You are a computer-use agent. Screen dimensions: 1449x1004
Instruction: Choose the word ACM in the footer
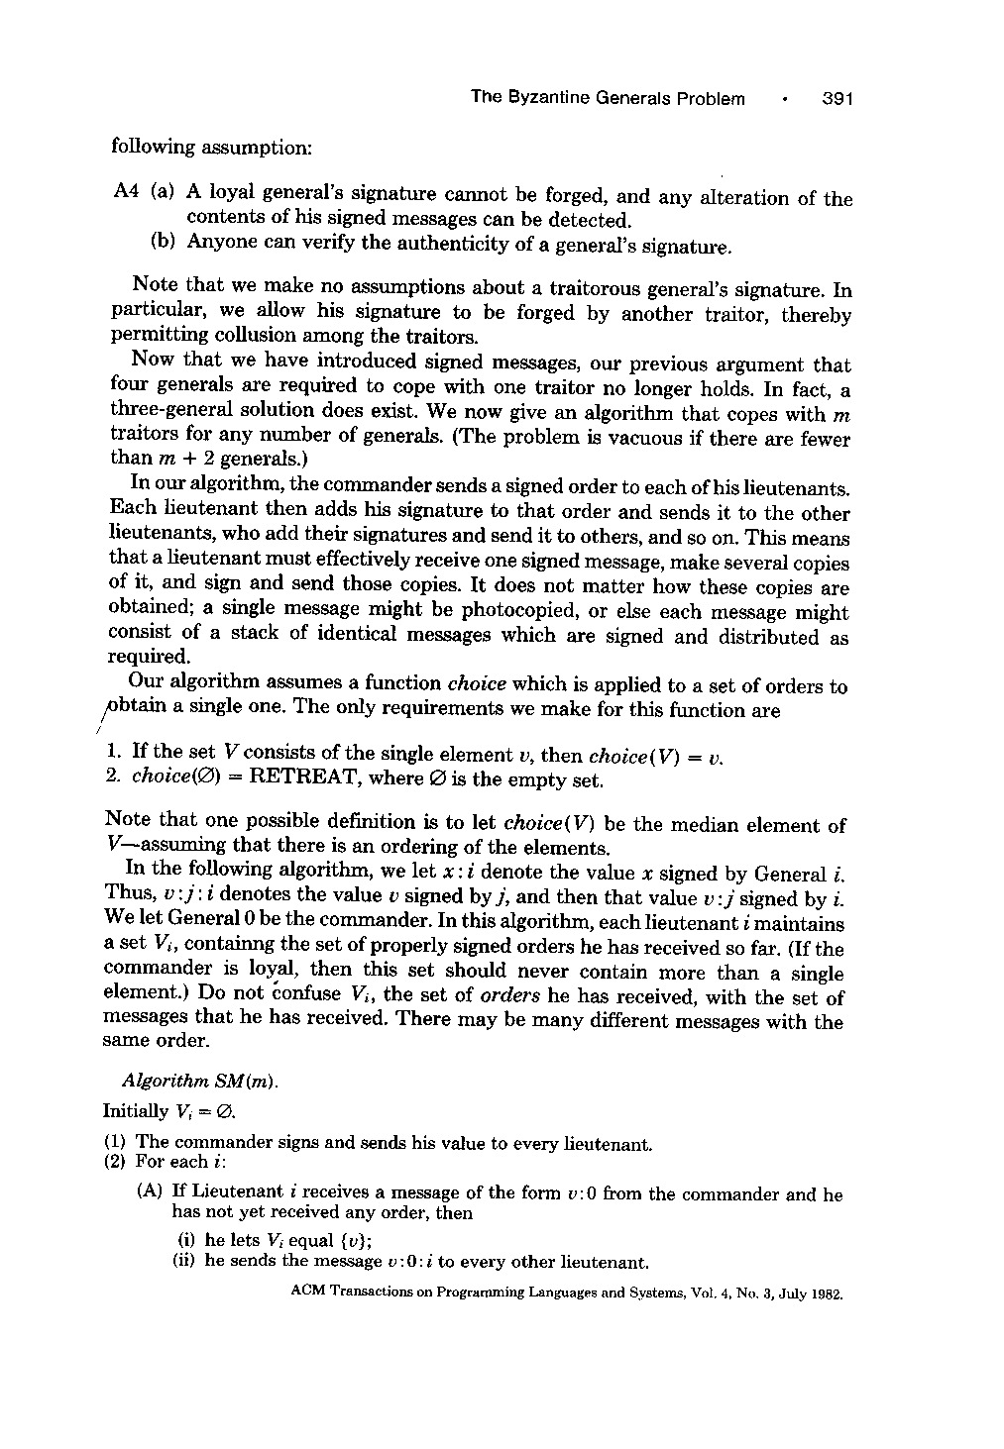coord(309,1293)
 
